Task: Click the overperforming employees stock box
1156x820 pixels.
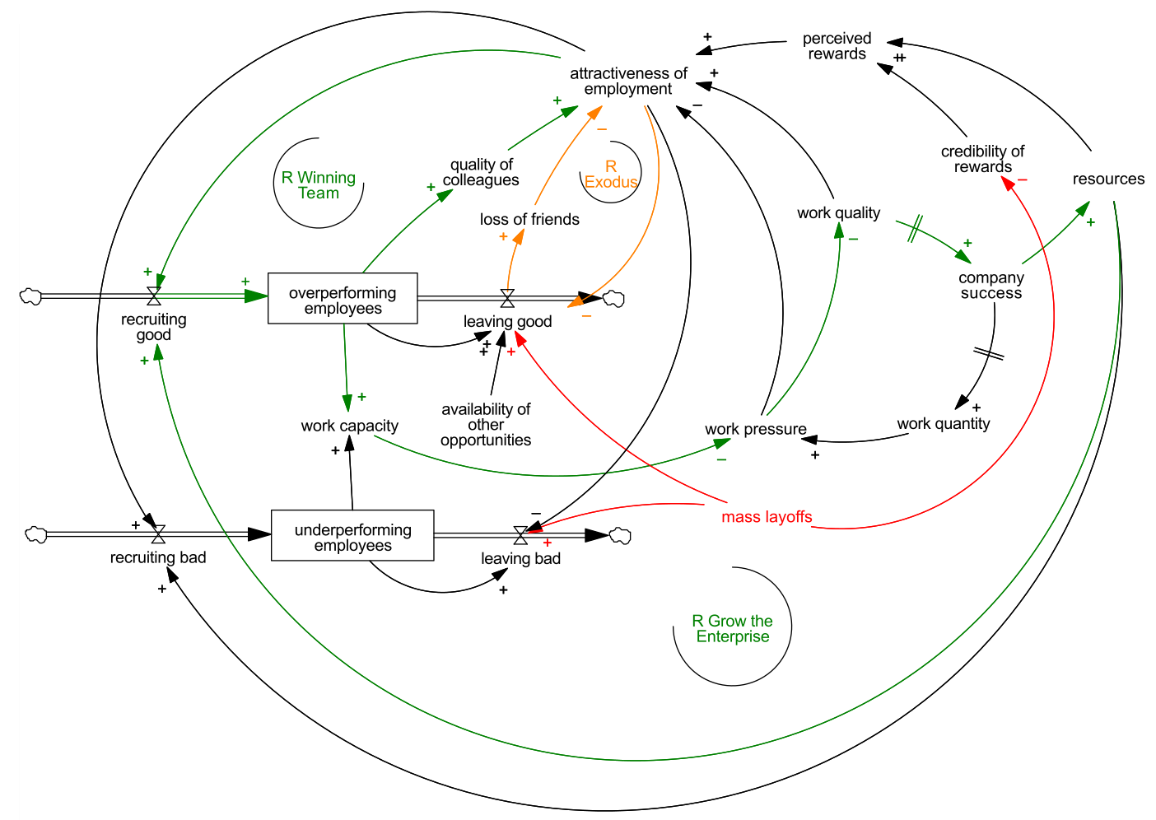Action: click(343, 298)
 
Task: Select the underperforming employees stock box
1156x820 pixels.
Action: click(352, 535)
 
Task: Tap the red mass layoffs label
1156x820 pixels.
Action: click(767, 516)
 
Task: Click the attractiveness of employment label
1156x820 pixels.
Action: click(628, 81)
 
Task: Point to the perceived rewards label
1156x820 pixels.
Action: click(837, 46)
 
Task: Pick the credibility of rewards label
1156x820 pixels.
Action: click(982, 159)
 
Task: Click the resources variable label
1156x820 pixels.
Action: click(1108, 179)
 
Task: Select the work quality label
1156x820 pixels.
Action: click(839, 212)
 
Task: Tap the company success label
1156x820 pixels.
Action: click(991, 285)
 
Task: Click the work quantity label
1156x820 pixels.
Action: click(944, 424)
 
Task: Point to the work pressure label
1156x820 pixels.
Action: click(756, 429)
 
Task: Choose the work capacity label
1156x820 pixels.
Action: click(349, 426)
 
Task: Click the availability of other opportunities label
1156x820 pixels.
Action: click(486, 424)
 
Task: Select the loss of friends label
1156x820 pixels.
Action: click(529, 219)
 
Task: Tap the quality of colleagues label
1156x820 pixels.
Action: click(481, 172)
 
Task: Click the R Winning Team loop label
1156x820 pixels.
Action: click(319, 184)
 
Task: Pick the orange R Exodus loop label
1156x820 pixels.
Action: click(610, 174)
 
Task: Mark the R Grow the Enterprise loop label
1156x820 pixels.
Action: click(732, 628)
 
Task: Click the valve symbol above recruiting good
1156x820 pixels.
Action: click(154, 296)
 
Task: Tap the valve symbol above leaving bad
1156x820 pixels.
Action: click(520, 535)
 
